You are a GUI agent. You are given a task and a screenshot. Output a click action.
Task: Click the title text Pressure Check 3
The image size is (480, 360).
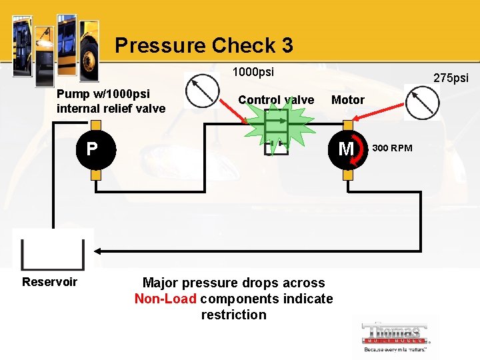click(203, 45)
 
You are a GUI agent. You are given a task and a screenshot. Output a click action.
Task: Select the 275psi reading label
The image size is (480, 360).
click(451, 78)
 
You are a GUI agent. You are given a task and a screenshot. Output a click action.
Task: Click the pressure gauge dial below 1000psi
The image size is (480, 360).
click(202, 91)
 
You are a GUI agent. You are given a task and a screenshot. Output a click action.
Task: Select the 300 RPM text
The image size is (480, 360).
click(392, 148)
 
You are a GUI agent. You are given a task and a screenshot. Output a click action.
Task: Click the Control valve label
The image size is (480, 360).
click(276, 100)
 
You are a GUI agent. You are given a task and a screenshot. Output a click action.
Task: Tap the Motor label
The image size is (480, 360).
click(348, 100)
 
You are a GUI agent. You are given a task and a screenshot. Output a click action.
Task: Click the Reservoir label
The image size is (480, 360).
click(49, 282)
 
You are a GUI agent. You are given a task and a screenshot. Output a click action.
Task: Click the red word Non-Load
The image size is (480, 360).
click(165, 299)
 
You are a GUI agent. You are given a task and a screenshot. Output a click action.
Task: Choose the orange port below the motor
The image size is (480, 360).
click(347, 175)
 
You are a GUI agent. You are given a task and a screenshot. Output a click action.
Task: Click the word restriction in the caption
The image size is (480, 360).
click(233, 315)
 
